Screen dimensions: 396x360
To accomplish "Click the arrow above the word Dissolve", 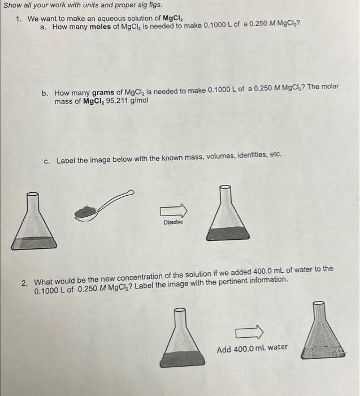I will (174, 211).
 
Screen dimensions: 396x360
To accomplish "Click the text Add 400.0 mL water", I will (252, 347).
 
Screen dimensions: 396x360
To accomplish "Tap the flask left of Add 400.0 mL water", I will (179, 337).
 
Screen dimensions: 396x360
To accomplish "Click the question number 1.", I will (19, 19).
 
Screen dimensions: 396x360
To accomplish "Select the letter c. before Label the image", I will (47, 161).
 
